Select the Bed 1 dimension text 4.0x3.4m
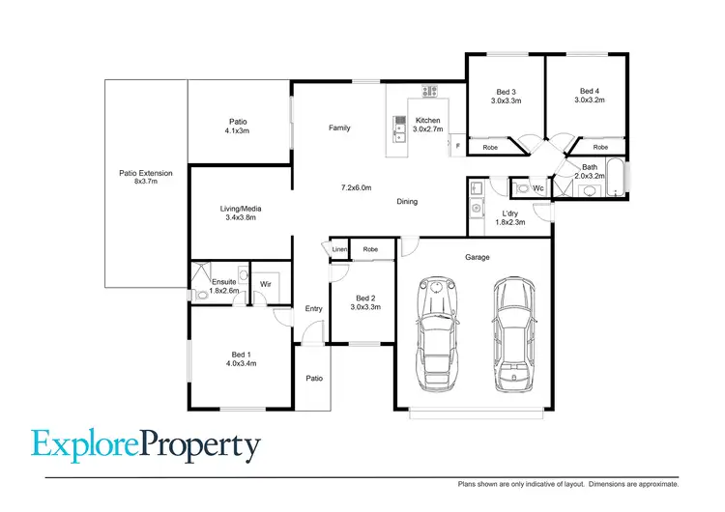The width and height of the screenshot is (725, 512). point(242,363)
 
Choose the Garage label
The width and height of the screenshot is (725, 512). point(477,257)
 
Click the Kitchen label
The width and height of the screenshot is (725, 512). point(426,120)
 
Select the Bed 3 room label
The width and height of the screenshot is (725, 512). point(506,92)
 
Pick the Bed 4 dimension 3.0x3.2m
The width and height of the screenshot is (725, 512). point(589,100)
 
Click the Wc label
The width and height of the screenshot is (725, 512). point(537,187)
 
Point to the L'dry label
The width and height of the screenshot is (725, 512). point(509,213)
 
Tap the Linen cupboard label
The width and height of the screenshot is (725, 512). point(339,250)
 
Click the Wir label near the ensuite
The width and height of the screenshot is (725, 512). point(264,283)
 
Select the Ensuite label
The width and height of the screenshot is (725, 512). point(223,281)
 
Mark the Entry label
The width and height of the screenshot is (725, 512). point(314,308)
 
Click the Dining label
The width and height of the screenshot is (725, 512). point(407,201)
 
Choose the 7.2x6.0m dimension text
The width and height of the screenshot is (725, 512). point(356,186)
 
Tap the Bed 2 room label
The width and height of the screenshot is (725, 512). point(365,299)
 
